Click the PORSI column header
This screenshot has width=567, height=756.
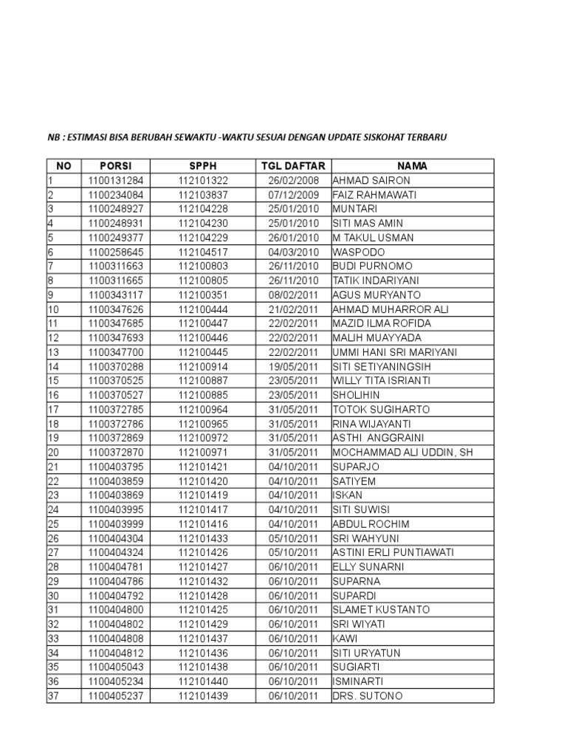115,166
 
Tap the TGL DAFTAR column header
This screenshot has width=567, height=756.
292,166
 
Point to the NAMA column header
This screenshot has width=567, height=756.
412,166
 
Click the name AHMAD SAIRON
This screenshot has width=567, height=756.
371,180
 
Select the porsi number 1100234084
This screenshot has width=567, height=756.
116,194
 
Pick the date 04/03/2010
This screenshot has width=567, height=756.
293,252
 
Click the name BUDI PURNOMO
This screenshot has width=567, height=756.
372,266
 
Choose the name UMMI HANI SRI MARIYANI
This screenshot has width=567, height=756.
395,352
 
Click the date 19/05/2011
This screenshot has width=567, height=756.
293,366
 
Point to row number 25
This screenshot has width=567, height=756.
53,523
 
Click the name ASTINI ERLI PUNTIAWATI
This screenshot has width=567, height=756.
393,552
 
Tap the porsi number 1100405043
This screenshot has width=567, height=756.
116,667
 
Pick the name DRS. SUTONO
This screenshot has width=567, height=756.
368,695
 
